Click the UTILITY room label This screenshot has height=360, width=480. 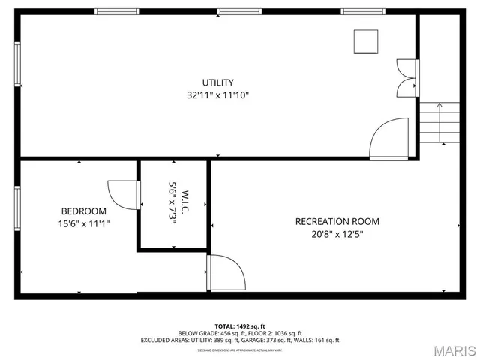(x=217, y=82)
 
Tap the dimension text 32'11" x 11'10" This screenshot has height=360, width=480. (x=217, y=95)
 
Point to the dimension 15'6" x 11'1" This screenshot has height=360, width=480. (x=83, y=223)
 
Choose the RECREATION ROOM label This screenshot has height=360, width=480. (x=337, y=221)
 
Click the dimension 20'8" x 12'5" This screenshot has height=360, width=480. (x=337, y=234)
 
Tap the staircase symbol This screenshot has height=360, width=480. (x=439, y=122)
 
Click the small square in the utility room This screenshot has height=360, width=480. (x=367, y=42)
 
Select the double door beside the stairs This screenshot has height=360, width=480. (x=407, y=78)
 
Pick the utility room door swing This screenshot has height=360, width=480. (x=389, y=139)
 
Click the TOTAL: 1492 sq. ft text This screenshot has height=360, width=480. (x=240, y=326)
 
